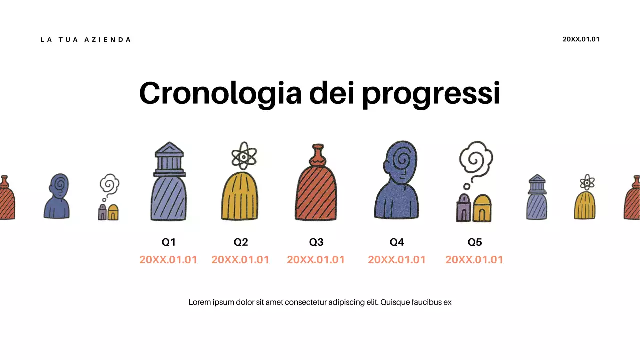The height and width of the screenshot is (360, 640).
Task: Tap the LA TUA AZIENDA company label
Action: [85, 40]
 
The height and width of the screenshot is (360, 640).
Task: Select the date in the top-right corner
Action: [581, 39]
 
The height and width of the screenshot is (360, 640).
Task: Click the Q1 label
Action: [169, 242]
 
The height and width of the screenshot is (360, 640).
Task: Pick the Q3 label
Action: [316, 242]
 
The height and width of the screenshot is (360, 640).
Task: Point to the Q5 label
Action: [475, 242]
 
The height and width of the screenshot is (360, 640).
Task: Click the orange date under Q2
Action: [240, 260]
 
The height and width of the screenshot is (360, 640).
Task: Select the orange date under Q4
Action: [397, 260]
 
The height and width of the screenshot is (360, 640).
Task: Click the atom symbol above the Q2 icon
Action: [243, 157]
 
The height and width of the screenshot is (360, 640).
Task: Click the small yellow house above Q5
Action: [482, 209]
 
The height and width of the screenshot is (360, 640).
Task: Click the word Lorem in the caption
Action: [198, 302]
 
